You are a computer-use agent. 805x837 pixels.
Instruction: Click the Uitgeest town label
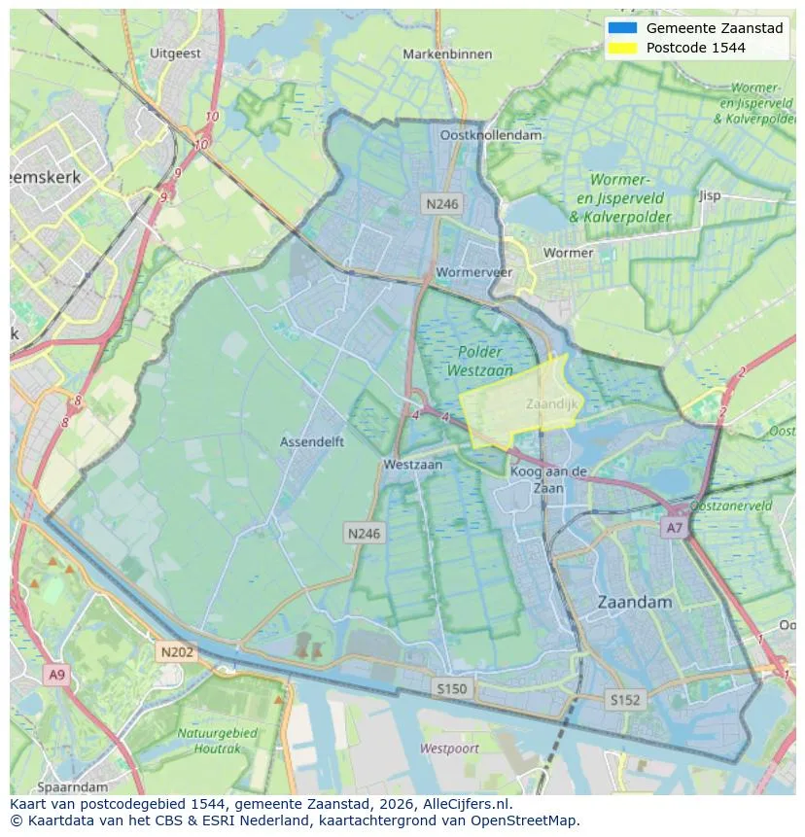(x=176, y=53)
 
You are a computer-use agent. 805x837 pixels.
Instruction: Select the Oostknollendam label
(x=490, y=135)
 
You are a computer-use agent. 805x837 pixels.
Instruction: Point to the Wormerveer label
(x=473, y=272)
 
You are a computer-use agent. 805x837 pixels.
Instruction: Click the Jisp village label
(x=710, y=195)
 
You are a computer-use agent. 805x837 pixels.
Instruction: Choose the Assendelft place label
(x=312, y=441)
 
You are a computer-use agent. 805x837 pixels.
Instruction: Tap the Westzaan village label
(x=412, y=465)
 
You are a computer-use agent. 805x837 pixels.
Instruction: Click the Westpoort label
(x=449, y=749)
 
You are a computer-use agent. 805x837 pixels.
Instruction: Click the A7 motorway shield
(x=673, y=528)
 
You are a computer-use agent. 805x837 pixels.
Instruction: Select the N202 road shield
(x=177, y=652)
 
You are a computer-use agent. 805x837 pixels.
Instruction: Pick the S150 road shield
(x=451, y=688)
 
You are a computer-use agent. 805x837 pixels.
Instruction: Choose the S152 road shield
(x=624, y=699)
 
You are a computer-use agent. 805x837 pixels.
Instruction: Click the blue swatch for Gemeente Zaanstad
(x=622, y=28)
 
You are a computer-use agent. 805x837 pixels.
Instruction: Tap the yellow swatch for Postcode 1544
(x=622, y=48)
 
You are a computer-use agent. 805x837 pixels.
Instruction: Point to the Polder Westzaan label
(x=479, y=361)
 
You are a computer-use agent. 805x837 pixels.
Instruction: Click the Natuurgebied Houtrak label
(x=217, y=740)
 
